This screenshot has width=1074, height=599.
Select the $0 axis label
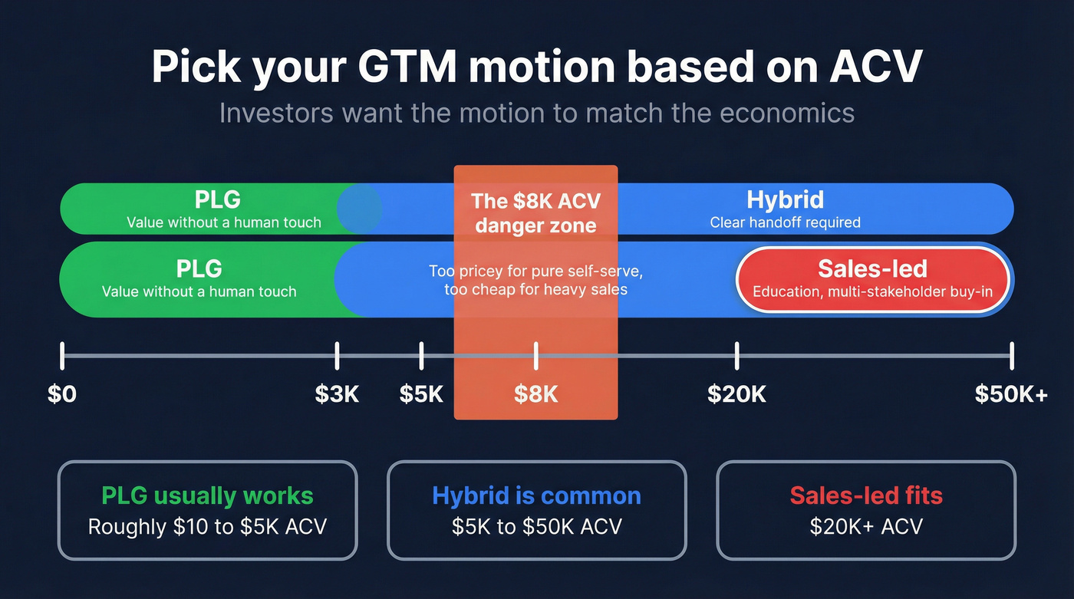coord(62,393)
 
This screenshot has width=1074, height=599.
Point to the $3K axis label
coord(337,393)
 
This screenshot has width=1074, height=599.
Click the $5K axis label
coord(421,393)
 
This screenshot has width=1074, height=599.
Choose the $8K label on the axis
coord(535,393)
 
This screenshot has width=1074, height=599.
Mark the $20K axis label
coord(736,393)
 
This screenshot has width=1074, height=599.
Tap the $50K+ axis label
coord(1011,393)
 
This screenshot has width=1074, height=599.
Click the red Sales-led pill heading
coord(872,268)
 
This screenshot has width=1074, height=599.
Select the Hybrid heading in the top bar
coord(785,200)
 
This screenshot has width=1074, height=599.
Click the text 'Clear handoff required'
coord(785,222)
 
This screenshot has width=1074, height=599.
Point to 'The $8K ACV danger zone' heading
coord(535,213)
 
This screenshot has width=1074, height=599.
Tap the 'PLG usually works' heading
coord(207,495)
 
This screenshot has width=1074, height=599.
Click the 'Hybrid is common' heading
coord(536,495)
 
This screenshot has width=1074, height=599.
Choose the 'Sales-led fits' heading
coord(866,495)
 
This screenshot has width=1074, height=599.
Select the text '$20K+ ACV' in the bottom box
coord(866,526)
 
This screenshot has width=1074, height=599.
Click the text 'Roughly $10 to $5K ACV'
coord(207,526)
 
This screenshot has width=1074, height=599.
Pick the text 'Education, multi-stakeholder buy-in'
coord(872,291)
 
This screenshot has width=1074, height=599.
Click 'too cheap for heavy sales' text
coord(535,289)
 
